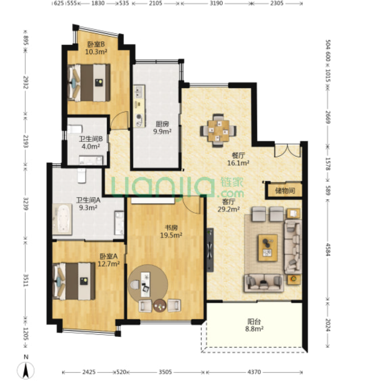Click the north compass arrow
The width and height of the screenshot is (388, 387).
(26, 371)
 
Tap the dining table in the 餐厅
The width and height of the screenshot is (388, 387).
(218, 131)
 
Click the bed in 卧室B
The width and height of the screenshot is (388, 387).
(89, 83)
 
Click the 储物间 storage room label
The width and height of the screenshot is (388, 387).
(285, 191)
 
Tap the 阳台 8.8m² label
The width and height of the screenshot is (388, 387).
(254, 325)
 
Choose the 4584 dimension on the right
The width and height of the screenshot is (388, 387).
(328, 250)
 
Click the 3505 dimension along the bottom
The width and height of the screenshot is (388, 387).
(165, 372)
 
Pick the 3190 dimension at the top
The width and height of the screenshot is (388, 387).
(216, 3)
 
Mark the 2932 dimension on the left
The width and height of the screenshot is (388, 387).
(26, 82)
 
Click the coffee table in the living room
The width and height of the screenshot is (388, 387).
(267, 248)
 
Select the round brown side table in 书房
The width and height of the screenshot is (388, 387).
(160, 306)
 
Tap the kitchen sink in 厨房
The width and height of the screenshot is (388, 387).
(139, 92)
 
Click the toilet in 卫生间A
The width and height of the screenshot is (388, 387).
(82, 175)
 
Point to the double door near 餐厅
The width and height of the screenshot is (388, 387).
(288, 150)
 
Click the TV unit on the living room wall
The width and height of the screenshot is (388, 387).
(210, 250)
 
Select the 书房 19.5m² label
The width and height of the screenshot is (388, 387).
(171, 231)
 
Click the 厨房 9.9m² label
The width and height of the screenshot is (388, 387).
(162, 127)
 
